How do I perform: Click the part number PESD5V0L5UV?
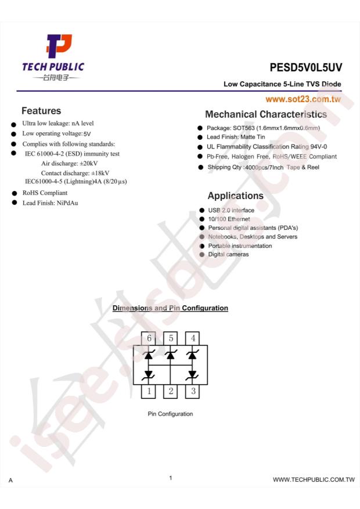click(x=305, y=67)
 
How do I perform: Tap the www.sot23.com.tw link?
click(x=303, y=99)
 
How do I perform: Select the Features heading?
click(x=41, y=110)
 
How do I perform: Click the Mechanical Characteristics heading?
click(x=266, y=114)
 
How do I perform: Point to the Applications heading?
click(x=235, y=196)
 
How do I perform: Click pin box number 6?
click(x=149, y=338)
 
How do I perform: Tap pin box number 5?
click(x=170, y=338)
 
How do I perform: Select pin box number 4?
click(x=192, y=338)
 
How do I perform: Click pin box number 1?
click(x=149, y=391)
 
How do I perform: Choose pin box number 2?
click(x=170, y=391)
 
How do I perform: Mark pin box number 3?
click(x=192, y=391)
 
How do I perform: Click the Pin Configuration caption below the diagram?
click(x=170, y=414)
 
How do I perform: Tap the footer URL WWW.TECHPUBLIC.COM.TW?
click(x=314, y=479)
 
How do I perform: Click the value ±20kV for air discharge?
click(x=86, y=164)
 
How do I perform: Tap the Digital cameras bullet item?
click(x=228, y=254)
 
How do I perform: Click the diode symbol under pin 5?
click(x=170, y=355)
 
